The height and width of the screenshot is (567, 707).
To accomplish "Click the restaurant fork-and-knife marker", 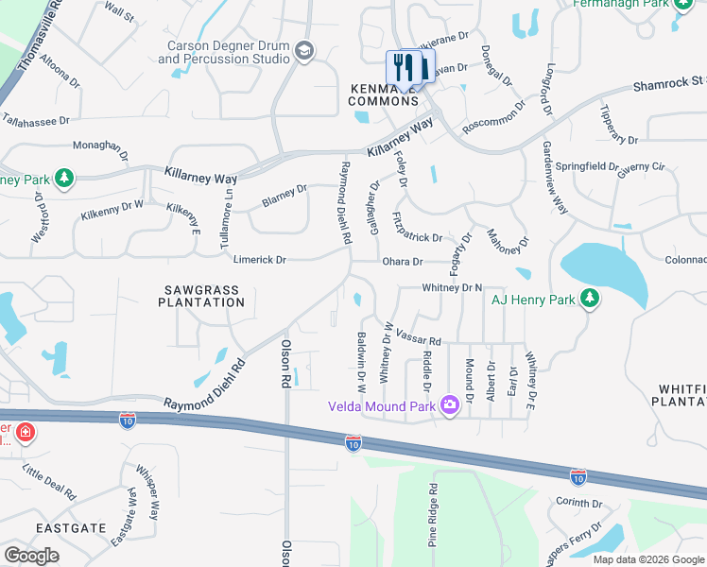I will pyautogui.click(x=408, y=68).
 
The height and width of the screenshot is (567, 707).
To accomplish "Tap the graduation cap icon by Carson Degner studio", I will pyautogui.click(x=303, y=51).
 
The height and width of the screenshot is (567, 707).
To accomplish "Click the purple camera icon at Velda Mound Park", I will pyautogui.click(x=448, y=405).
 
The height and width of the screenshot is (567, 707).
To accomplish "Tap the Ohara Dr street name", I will pyautogui.click(x=402, y=262).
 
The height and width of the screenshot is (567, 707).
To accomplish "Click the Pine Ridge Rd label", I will pyautogui.click(x=433, y=516).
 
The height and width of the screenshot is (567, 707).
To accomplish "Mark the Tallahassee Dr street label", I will pyautogui.click(x=37, y=120).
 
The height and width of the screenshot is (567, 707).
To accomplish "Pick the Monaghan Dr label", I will pyautogui.click(x=100, y=146).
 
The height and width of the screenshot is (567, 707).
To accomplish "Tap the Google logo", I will pyautogui.click(x=31, y=555).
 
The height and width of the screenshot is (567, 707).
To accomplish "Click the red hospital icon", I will pyautogui.click(x=25, y=434).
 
